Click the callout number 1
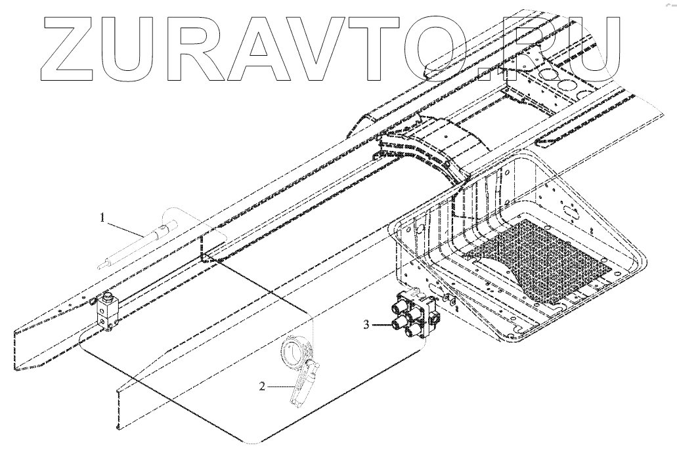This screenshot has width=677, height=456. click(102, 217)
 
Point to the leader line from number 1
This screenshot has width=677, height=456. click(125, 227)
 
